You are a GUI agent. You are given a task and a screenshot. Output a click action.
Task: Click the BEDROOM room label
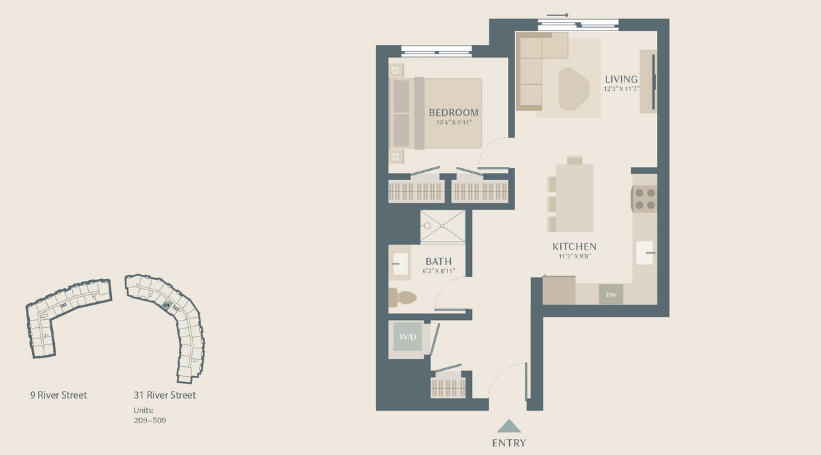pyautogui.click(x=453, y=113)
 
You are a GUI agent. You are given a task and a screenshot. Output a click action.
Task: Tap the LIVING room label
pyautogui.click(x=620, y=79)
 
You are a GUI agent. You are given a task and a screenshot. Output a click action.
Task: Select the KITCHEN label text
pyautogui.click(x=574, y=246)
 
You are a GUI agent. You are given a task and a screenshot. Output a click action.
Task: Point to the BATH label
pyautogui.click(x=438, y=262)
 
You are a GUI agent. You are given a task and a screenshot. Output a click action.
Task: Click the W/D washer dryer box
pyautogui.click(x=407, y=338)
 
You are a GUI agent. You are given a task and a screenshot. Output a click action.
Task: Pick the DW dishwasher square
pyautogui.click(x=610, y=295)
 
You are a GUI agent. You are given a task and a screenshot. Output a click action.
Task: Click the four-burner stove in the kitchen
pyautogui.click(x=644, y=199)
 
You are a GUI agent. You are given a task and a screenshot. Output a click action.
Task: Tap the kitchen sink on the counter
pyautogui.click(x=644, y=253)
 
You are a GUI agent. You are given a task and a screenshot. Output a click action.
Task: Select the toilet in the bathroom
pyautogui.click(x=402, y=297)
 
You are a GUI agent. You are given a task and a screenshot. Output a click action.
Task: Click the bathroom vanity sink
pyautogui.click(x=400, y=264)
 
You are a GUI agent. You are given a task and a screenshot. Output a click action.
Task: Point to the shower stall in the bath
pyautogui.click(x=442, y=227)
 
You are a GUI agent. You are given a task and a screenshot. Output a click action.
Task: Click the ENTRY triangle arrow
pyautogui.click(x=508, y=426)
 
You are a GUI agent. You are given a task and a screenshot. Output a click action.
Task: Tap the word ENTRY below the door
pyautogui.click(x=508, y=443)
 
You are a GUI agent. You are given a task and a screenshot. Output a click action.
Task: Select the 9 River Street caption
pyautogui.click(x=58, y=395)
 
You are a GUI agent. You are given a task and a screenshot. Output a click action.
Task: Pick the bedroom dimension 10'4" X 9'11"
pyautogui.click(x=453, y=123)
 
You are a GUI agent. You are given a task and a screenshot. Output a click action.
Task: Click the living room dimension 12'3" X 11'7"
pyautogui.click(x=620, y=89)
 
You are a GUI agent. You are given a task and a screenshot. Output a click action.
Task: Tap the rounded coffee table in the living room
pyautogui.click(x=573, y=89)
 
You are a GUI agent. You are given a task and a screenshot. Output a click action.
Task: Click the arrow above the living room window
pyautogui.click(x=557, y=15)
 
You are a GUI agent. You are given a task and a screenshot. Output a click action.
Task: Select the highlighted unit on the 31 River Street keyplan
pyautogui.click(x=167, y=305)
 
